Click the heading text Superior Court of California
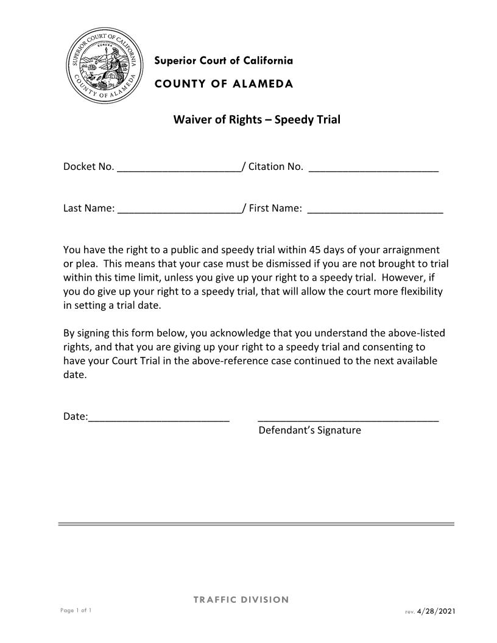224,61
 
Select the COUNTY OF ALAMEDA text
224,84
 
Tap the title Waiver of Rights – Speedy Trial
256,119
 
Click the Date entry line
159,419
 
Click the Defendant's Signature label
309,430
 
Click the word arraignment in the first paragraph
409,250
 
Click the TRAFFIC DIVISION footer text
241,600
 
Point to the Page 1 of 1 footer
76,610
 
